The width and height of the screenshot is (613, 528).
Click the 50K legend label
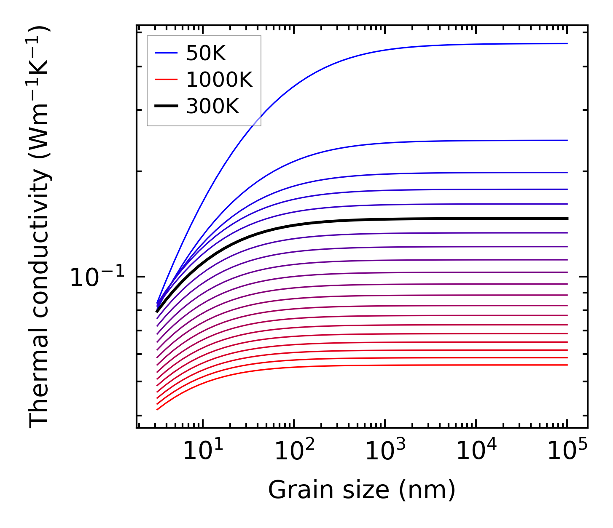pos(206,53)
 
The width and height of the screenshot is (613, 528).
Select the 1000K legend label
pos(219,80)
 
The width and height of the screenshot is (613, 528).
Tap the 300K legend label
pos(212,107)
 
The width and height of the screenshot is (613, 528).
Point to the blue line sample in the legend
pos(166,53)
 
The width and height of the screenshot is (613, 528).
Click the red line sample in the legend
pos(166,80)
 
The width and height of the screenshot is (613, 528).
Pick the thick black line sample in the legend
pos(166,106)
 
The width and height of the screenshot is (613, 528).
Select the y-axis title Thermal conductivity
pos(40,227)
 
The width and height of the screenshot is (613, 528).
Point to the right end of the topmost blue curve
pos(567,43)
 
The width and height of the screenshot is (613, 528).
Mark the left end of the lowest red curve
pos(157,409)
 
